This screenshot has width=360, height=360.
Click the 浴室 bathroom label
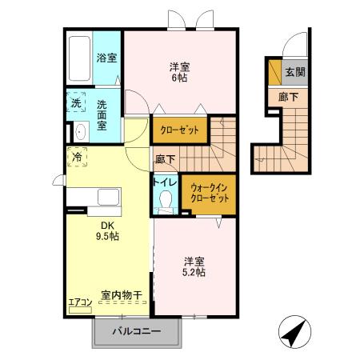click(106, 58)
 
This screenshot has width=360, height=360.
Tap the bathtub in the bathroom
click(78, 58)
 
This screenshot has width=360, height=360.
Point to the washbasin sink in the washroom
click(80, 132)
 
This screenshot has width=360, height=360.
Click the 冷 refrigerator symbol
click(78, 158)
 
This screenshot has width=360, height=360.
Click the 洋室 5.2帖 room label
click(194, 266)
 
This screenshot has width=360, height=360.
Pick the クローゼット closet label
click(179, 130)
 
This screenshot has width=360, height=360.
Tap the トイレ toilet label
click(166, 181)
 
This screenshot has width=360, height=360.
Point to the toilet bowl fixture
click(166, 201)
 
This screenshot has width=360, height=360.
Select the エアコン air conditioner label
click(79, 302)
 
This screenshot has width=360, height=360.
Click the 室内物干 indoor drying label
click(121, 295)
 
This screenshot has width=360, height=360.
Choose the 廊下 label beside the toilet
click(165, 159)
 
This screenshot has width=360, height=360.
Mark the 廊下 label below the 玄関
click(288, 96)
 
